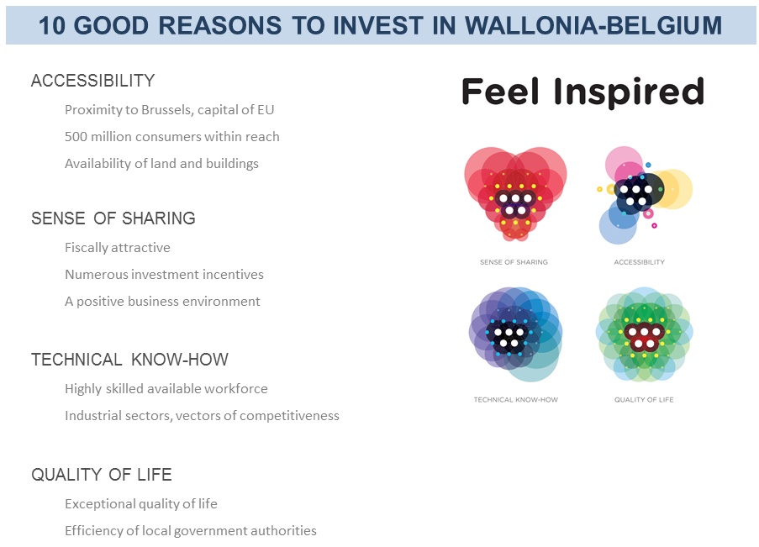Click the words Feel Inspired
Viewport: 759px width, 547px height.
coord(582,92)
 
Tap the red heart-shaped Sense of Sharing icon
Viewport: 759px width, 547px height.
coord(515,194)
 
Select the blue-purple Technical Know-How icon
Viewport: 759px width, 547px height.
coord(515,334)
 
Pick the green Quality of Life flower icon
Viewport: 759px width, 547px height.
coord(645,334)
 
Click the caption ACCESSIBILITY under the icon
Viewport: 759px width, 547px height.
coord(640,262)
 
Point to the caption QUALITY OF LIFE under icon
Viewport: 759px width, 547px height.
coord(644,399)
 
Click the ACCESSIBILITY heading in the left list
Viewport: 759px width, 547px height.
coord(93,81)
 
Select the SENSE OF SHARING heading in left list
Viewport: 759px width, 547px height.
coord(113,218)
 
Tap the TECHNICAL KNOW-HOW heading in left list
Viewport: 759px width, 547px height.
coord(129,360)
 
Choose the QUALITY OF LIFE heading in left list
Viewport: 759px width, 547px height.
coord(102,475)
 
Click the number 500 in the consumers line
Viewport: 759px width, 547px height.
coord(76,136)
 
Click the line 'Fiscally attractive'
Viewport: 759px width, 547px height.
coord(118,248)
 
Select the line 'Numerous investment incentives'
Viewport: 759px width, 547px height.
coord(164,275)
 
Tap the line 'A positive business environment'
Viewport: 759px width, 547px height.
coord(163,302)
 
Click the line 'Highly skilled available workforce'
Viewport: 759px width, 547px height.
coord(166,389)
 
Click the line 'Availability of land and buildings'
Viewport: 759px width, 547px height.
coord(161,164)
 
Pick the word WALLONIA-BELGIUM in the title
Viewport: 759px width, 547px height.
coord(593,25)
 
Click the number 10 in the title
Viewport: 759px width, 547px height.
coord(52,25)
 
